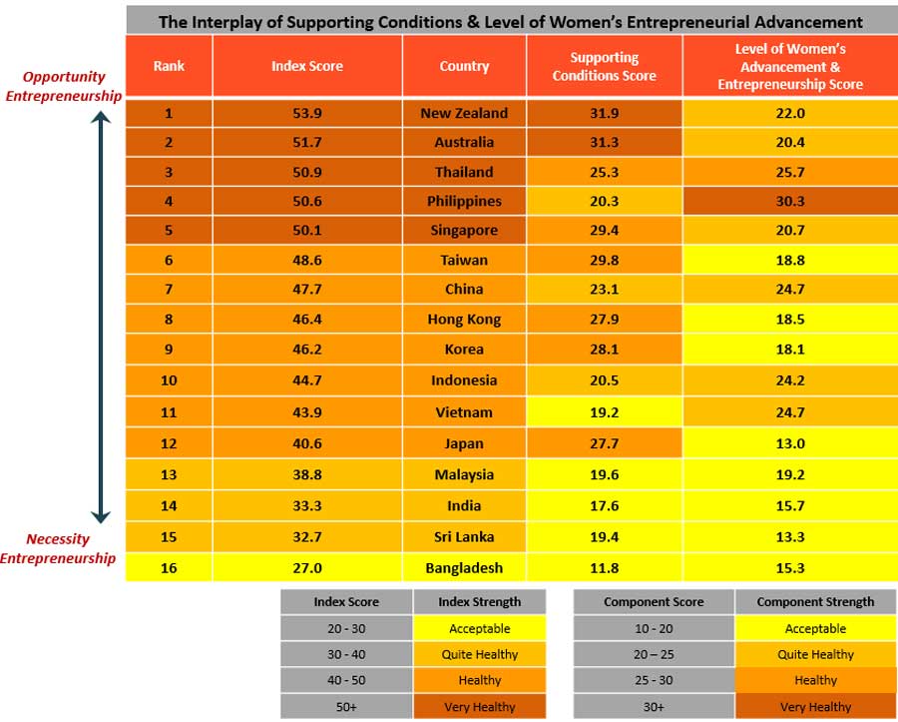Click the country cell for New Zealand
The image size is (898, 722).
(464, 114)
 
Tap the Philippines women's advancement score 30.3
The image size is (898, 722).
(789, 201)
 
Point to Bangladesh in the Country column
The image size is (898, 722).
(464, 568)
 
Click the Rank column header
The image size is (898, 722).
(169, 66)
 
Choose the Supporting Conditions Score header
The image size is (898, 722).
(604, 67)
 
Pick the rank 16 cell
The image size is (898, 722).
(169, 568)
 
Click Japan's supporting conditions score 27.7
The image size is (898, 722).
(604, 443)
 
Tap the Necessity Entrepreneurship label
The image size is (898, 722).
(58, 548)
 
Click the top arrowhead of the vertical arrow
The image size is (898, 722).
(100, 116)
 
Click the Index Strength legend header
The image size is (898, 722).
(480, 602)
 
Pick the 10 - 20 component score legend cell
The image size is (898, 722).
(654, 629)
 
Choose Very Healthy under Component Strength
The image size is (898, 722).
(815, 706)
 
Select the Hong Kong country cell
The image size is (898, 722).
(464, 320)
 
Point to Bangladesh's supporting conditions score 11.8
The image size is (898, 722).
(604, 568)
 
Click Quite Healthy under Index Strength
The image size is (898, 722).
(480, 655)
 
